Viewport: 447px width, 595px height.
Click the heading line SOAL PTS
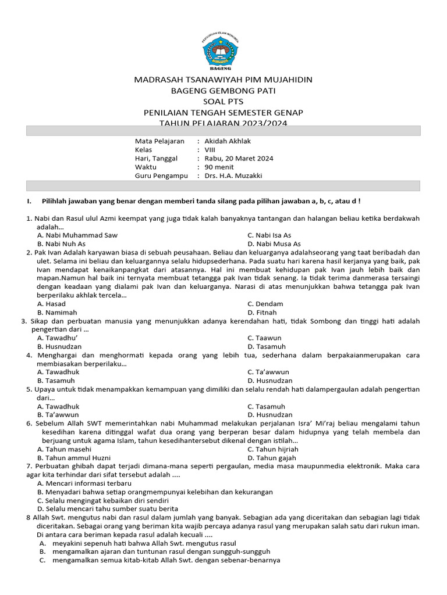coord(223,102)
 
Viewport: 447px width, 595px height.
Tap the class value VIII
coord(210,150)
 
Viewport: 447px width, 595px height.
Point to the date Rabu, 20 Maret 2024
coord(239,159)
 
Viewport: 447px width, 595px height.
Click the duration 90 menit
coord(219,167)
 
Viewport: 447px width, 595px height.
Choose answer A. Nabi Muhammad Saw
coord(77,235)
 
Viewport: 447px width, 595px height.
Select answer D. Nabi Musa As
coord(274,244)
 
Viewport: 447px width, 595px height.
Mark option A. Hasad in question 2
coord(51,304)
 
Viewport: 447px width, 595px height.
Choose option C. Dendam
coord(265,304)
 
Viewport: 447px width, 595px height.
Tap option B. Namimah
coord(57,313)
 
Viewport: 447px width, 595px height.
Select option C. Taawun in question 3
coord(264,338)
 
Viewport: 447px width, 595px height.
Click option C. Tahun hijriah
coord(273,449)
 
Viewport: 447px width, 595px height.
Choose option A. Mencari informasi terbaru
coord(84,483)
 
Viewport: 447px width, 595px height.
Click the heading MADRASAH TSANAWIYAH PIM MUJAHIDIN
coord(223,80)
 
